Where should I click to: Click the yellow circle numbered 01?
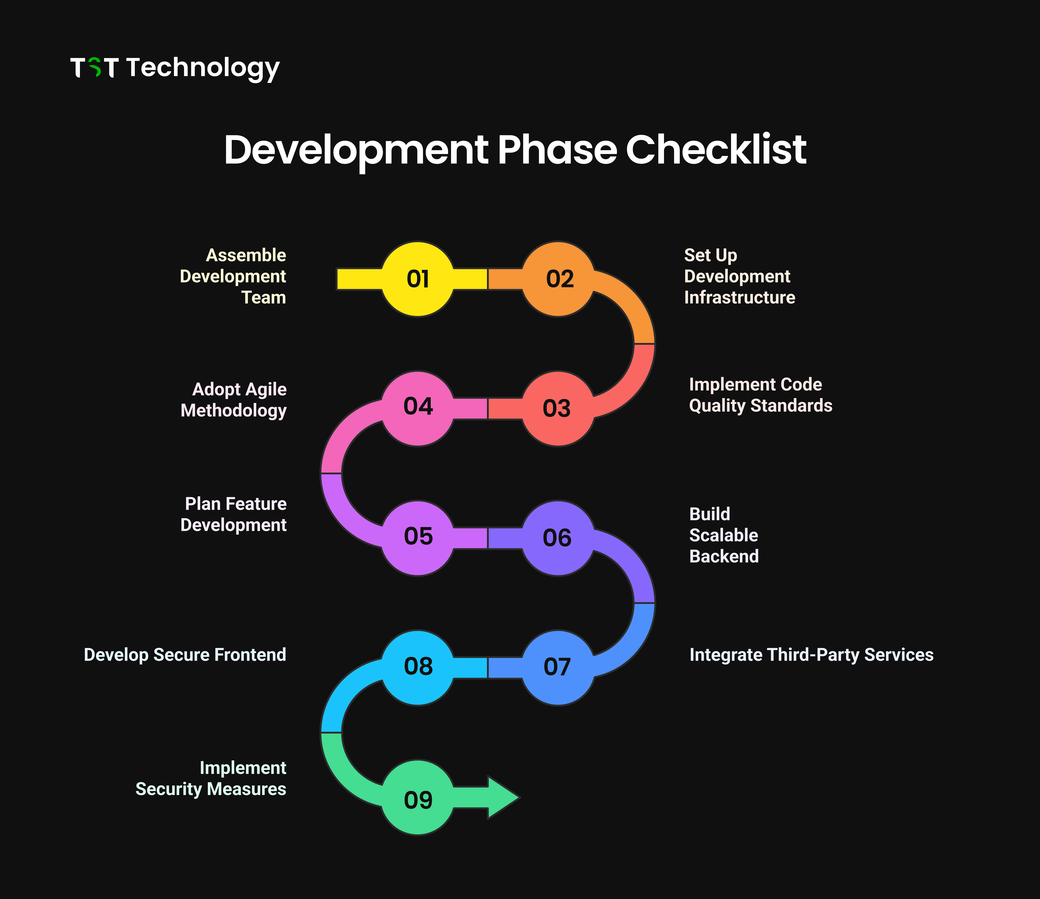[418, 279]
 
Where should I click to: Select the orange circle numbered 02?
[558, 279]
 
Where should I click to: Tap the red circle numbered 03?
[558, 409]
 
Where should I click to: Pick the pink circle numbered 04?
[418, 409]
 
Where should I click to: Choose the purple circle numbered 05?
[418, 538]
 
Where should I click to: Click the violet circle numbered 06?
[558, 538]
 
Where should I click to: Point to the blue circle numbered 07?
[558, 668]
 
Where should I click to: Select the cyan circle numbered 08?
[418, 668]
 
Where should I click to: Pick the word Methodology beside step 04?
[233, 411]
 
